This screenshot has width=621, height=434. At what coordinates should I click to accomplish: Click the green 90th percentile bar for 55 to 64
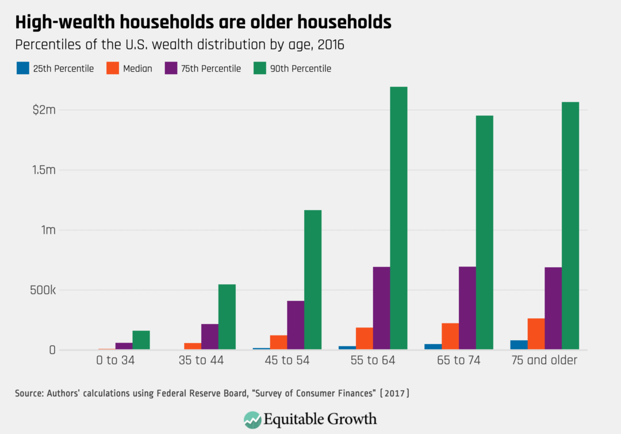pos(398,218)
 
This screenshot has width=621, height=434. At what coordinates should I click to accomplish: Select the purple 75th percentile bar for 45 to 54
pos(296,325)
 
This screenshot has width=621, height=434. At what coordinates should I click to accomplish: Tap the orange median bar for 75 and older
pos(536,334)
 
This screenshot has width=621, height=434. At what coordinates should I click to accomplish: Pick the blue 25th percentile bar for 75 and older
pos(519,345)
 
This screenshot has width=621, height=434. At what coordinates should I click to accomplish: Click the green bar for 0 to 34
pos(141,340)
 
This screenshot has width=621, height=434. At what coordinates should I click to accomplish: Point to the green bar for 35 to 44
pos(227,317)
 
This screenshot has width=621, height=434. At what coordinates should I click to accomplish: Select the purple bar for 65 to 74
pos(467,308)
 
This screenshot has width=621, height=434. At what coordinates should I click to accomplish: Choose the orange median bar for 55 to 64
pos(365,338)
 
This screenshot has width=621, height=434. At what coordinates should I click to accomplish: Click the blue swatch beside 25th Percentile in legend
pos(21,68)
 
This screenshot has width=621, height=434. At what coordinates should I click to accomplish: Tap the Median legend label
pos(137,68)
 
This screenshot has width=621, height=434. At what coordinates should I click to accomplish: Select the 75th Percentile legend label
pos(211,68)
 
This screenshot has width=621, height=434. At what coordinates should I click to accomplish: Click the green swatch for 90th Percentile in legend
pos(259,68)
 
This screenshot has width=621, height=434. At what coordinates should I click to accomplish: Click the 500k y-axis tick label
pos(41,290)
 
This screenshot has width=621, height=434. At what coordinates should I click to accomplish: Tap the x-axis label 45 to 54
pos(278,361)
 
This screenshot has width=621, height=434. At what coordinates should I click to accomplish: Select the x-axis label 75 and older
pos(544,361)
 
